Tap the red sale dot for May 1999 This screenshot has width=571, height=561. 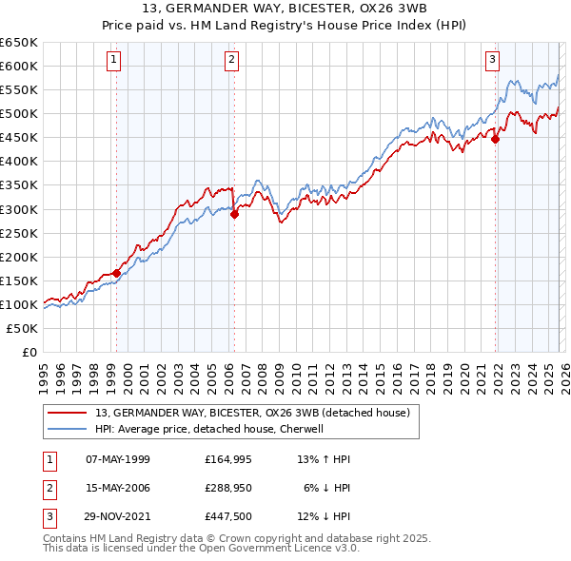[x=116, y=273]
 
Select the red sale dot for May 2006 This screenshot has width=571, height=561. [x=234, y=214]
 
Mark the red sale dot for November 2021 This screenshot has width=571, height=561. [x=496, y=138]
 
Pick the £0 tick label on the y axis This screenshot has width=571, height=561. [x=29, y=352]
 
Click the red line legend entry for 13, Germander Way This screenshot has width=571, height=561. [x=252, y=413]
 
